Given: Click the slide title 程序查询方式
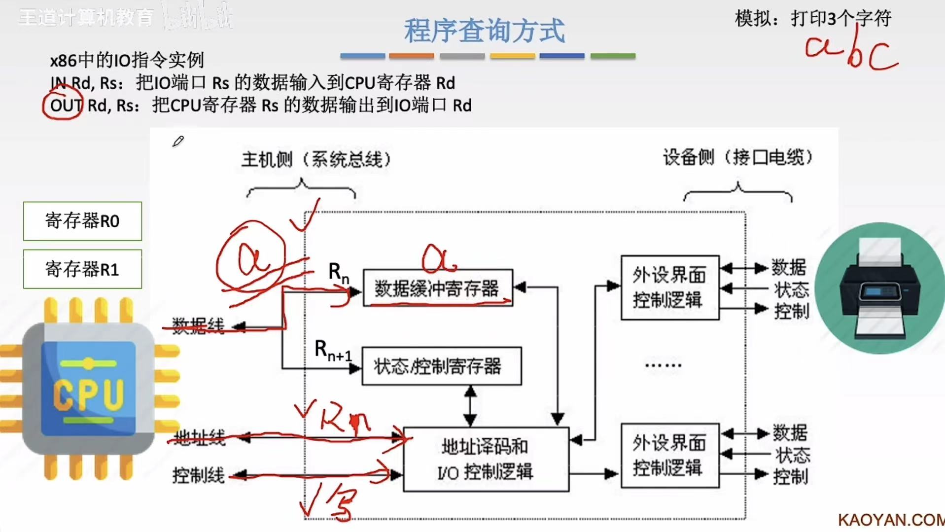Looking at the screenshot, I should pos(484,31).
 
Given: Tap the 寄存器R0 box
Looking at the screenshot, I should pos(82,221).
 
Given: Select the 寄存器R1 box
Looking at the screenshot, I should pos(82,269).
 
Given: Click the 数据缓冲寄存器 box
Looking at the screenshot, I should pos(438,288).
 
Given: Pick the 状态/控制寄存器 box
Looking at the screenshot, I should pos(441,366).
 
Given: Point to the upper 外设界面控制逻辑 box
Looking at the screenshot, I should pos(669,287).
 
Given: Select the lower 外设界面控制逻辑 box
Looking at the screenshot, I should pos(669,456).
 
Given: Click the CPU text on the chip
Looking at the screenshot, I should pos(89,394).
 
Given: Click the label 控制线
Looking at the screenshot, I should pos(198,476).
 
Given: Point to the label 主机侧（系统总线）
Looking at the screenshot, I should pos(316,159).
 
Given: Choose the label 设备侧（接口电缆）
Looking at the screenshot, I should pos(737,157).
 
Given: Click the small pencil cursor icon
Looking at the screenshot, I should pos(178,142).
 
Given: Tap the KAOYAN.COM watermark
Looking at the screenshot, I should pos(891,520).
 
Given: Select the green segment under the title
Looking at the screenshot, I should pos(613,56).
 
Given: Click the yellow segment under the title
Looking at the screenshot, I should pos(512,56).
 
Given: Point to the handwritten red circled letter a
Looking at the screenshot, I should pos(251,257).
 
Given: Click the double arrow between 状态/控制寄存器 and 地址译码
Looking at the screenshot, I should pos(470,406).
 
